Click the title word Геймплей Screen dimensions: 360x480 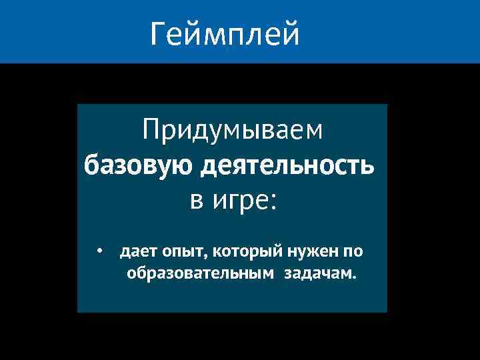[225, 33]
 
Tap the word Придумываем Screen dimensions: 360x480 [233, 130]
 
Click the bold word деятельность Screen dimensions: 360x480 [287, 165]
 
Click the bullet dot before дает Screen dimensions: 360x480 [98, 252]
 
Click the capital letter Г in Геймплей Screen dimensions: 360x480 [158, 33]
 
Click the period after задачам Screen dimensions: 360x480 [354, 277]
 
